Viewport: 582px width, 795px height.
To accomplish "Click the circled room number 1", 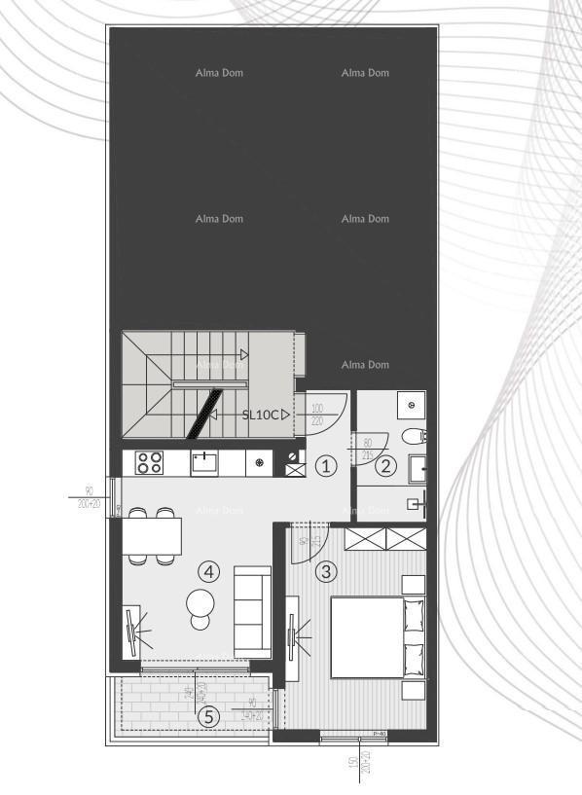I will [328, 466].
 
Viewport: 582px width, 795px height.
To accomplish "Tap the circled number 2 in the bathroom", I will [387, 466].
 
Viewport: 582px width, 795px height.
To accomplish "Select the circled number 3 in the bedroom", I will [327, 571].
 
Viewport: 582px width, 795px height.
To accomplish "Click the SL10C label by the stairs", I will [260, 415].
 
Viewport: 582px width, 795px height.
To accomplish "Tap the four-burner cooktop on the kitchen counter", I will [149, 463].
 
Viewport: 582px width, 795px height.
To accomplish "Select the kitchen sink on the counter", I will [205, 462].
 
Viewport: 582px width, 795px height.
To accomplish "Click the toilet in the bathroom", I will [415, 435].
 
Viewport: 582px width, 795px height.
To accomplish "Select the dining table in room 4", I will [152, 534].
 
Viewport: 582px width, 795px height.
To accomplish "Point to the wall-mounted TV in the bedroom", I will [292, 637].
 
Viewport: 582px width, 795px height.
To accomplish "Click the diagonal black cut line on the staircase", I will [204, 413].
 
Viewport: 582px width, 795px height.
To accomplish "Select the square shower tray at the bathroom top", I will [412, 402].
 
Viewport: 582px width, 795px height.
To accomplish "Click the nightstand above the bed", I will [414, 585].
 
